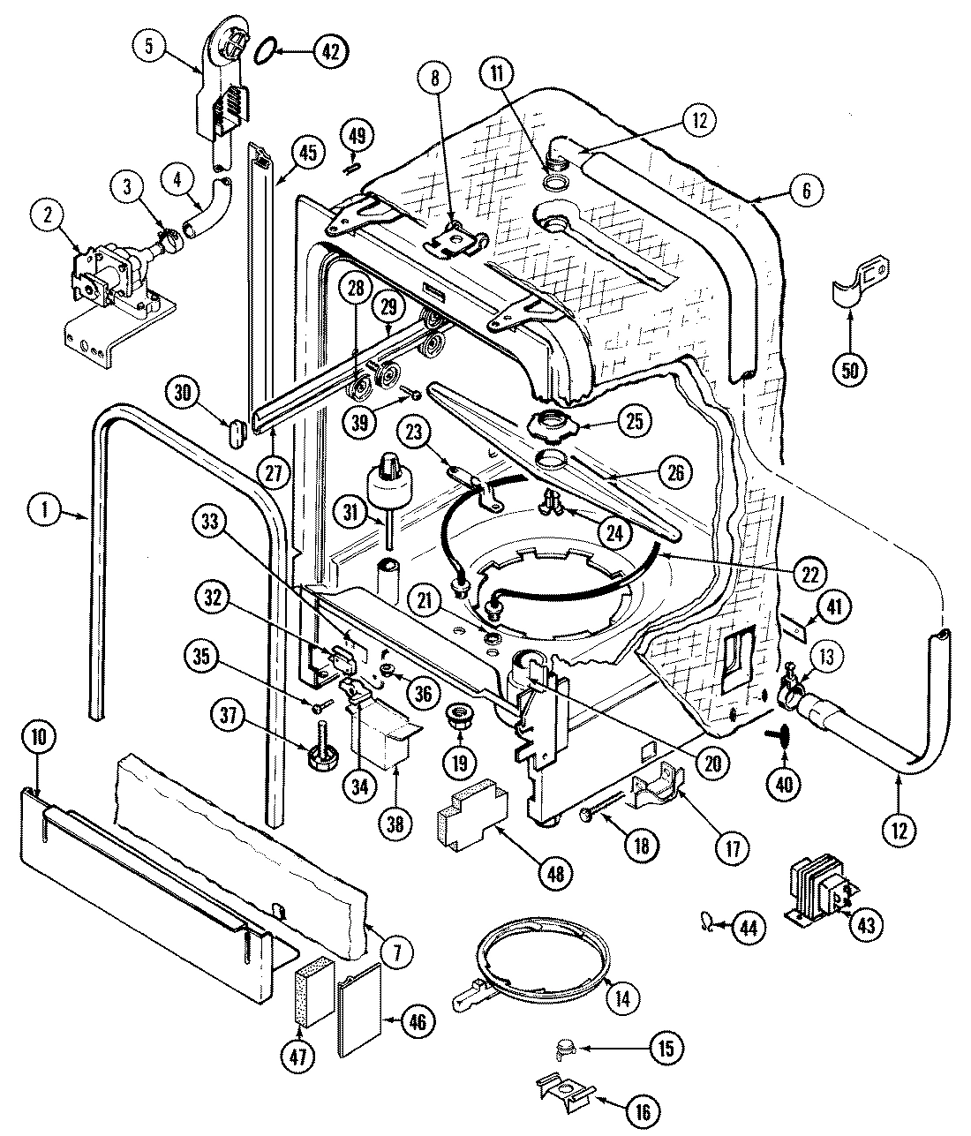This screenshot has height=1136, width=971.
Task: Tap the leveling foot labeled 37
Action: coord(320,752)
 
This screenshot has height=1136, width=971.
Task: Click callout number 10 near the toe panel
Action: coord(41,736)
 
